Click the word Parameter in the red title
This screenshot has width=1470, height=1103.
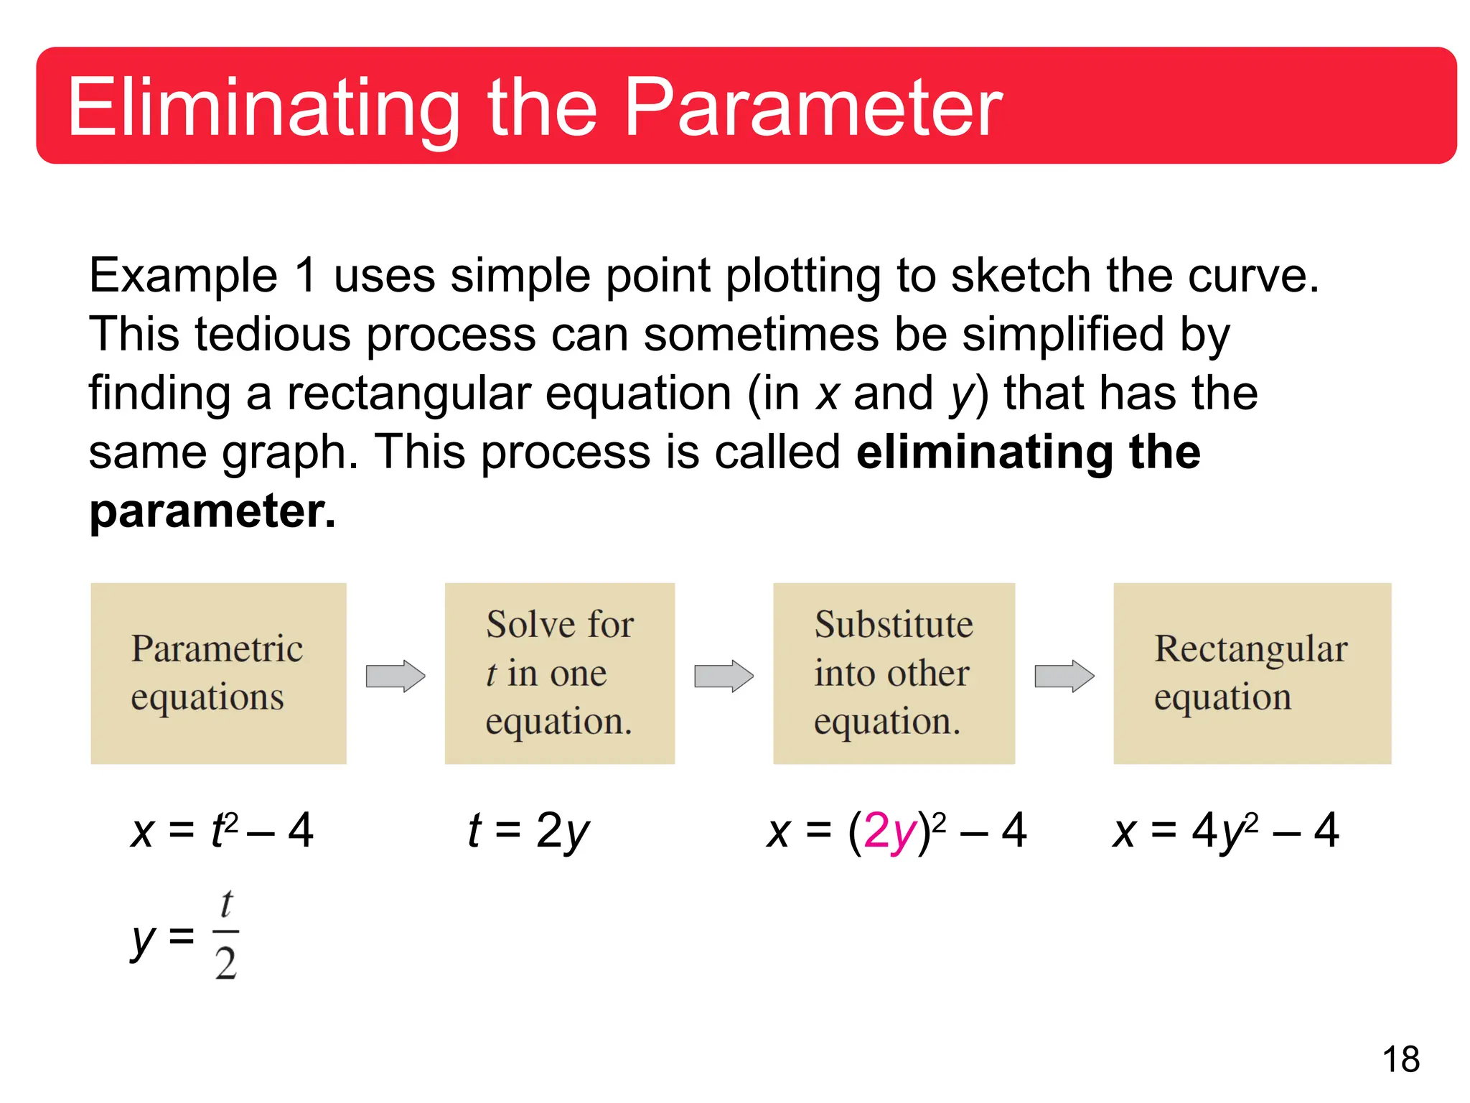click(x=813, y=108)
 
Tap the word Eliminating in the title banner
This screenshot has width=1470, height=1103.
click(x=263, y=108)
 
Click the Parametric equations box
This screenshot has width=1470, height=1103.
click(x=218, y=673)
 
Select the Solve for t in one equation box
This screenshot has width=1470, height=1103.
click(x=559, y=673)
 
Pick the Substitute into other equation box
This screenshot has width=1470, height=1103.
click(x=894, y=673)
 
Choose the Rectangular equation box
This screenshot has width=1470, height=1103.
click(x=1252, y=673)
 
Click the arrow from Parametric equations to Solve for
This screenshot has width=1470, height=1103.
click(x=395, y=676)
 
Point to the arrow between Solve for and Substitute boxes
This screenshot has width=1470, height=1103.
click(x=724, y=676)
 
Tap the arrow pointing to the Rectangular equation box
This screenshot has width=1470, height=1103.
click(x=1064, y=676)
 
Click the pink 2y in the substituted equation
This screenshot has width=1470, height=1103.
click(x=889, y=832)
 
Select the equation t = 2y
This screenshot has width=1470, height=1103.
click(x=528, y=832)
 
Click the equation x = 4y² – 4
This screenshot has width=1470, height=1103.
click(x=1225, y=832)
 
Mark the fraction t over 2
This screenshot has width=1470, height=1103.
click(x=226, y=935)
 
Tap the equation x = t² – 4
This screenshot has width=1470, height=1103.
click(x=222, y=832)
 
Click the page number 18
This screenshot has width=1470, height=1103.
click(x=1400, y=1059)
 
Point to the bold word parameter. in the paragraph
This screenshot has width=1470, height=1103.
click(x=212, y=511)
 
